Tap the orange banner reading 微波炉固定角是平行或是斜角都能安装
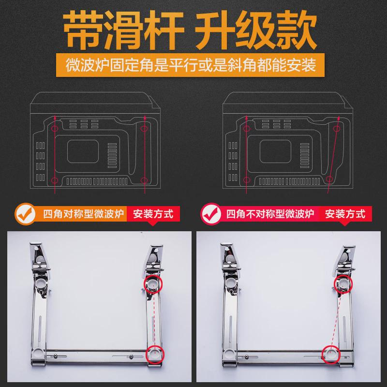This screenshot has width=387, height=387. point(193,64)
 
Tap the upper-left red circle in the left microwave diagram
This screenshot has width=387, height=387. point(55,129)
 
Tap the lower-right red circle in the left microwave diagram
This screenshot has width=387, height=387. point(144,180)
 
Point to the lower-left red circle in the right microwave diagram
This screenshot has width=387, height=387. point(247,180)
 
